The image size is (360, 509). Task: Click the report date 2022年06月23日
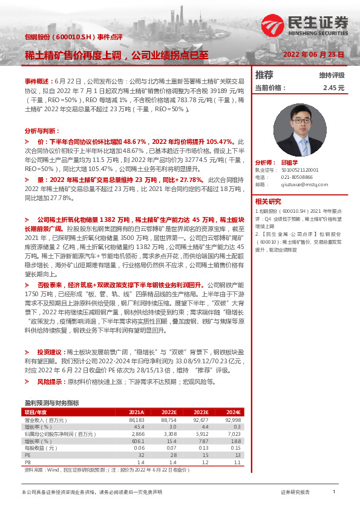[x=314, y=54]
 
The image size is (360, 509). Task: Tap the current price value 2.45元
[x=333, y=88]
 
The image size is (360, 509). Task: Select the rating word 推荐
[x=264, y=75]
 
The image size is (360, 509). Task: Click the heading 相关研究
[x=268, y=201]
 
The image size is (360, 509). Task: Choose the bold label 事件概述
[x=38, y=80]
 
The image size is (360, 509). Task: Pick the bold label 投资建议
[x=49, y=351]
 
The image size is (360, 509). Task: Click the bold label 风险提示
[x=49, y=383]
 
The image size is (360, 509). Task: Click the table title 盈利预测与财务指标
[x=51, y=403]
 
